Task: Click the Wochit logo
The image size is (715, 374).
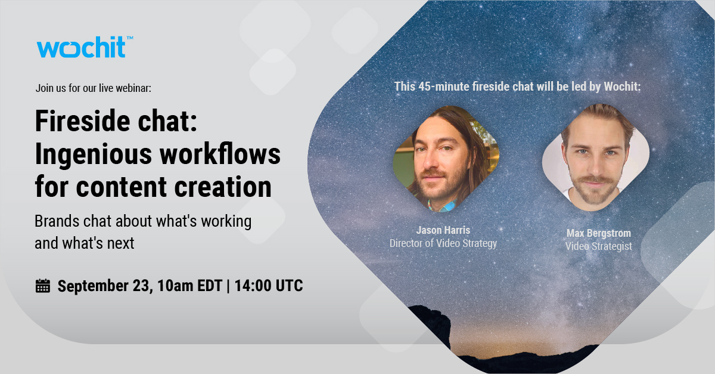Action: pyautogui.click(x=81, y=47)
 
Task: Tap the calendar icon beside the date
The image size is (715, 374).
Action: pyautogui.click(x=43, y=286)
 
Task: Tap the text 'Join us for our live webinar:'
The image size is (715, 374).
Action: pyautogui.click(x=94, y=88)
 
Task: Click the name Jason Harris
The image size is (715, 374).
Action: pyautogui.click(x=443, y=231)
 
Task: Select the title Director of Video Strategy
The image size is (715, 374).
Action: pyautogui.click(x=443, y=243)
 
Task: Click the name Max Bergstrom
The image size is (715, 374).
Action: pyautogui.click(x=598, y=233)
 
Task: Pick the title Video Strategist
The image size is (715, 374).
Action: pyautogui.click(x=598, y=246)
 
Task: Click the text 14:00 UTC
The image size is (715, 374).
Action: pyautogui.click(x=269, y=286)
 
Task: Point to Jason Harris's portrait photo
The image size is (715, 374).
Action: pyautogui.click(x=446, y=158)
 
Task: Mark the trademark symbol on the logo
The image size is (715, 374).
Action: pyautogui.click(x=129, y=38)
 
